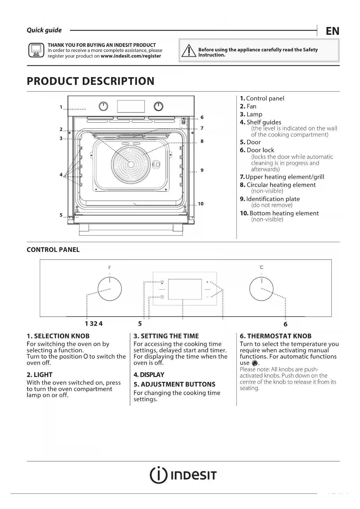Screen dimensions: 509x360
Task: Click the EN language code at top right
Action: [332, 31]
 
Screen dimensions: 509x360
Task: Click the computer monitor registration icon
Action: [36, 50]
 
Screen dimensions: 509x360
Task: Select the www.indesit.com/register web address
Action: [131, 56]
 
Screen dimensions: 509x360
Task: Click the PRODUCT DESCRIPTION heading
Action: [91, 81]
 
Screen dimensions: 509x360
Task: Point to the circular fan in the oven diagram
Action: [131, 164]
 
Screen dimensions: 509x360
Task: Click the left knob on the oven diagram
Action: [103, 107]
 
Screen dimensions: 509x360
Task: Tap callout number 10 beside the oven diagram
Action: [201, 204]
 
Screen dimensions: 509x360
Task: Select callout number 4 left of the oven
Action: [61, 175]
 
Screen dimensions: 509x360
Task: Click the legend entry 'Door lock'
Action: [260, 150]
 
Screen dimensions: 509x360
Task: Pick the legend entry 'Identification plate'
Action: [273, 199]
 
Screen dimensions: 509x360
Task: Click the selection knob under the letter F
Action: [110, 289]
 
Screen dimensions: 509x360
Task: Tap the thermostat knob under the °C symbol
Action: [261, 289]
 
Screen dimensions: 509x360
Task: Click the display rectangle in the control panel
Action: [185, 289]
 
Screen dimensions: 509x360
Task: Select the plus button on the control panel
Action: [207, 282]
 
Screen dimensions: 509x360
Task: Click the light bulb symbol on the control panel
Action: [162, 282]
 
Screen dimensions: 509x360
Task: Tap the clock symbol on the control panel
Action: [162, 297]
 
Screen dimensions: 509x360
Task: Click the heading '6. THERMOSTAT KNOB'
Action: [275, 336]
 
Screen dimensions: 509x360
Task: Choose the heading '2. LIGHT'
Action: [39, 375]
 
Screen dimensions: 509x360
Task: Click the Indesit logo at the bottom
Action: [183, 475]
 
